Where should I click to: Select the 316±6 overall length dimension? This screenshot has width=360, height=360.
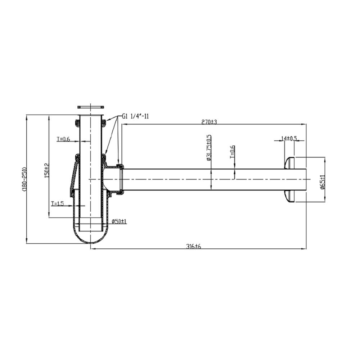tap(193, 246)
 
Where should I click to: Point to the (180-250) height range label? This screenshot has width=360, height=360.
tap(24, 179)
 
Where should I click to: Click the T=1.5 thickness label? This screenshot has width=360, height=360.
tap(57, 204)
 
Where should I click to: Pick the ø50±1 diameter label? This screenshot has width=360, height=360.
tap(119, 221)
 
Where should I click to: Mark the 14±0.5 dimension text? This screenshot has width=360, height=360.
tap(289, 138)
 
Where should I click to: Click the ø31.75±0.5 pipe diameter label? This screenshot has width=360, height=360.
tap(209, 148)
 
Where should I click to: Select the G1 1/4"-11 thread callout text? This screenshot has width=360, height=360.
tap(135, 116)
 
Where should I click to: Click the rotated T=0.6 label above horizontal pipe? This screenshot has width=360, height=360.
tap(233, 152)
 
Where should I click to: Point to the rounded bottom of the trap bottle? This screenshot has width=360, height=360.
tap(90, 238)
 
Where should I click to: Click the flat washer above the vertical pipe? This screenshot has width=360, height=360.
tap(90, 107)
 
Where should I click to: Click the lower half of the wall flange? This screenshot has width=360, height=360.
tap(290, 196)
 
